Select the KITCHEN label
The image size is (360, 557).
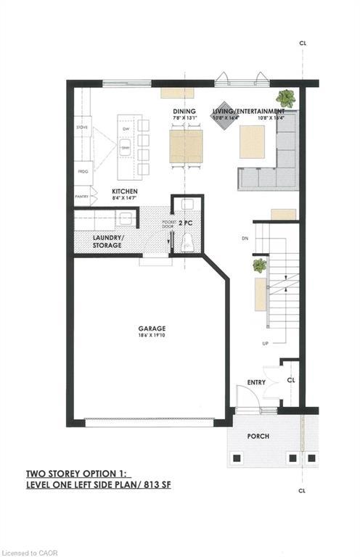point(125,192)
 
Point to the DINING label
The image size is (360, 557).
point(181,110)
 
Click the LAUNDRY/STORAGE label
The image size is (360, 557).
point(107,242)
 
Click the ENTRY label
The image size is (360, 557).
point(255,382)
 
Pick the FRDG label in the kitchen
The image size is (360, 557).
point(82,173)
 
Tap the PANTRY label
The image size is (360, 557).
point(81,196)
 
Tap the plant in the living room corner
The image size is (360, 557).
point(285,97)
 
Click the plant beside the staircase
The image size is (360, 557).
point(259,267)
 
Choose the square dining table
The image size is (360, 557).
point(186,146)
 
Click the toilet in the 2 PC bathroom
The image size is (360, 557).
point(186,242)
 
